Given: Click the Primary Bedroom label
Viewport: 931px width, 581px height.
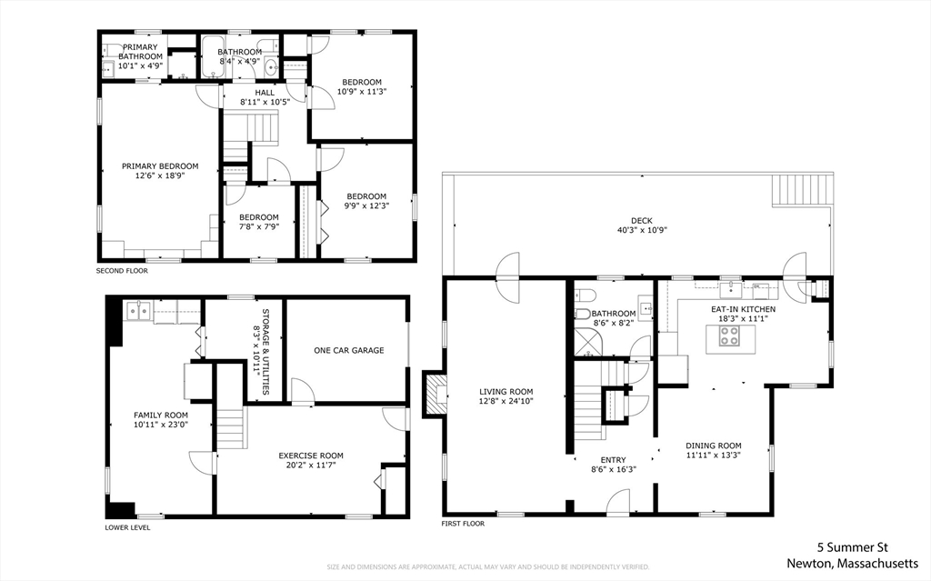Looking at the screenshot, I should tap(160, 166).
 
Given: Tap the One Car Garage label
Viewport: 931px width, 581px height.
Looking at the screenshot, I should tap(348, 350).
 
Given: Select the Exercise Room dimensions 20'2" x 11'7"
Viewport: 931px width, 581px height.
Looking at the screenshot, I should tap(310, 466).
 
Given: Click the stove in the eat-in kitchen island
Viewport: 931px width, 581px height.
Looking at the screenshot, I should tap(730, 336).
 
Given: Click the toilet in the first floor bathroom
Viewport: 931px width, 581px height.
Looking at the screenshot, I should tap(585, 296).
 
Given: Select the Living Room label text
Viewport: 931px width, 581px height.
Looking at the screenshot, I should tap(506, 393).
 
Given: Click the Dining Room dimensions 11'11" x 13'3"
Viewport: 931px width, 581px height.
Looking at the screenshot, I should tap(713, 456).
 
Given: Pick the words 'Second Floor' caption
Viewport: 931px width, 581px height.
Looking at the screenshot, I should tap(122, 271).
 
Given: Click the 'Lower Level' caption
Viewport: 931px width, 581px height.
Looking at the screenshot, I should tap(127, 527).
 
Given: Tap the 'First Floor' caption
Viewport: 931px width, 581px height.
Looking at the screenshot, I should tap(465, 524).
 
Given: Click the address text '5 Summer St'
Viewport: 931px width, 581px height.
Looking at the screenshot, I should tap(853, 547).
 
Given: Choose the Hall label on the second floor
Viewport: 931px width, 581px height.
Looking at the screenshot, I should tap(265, 93).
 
